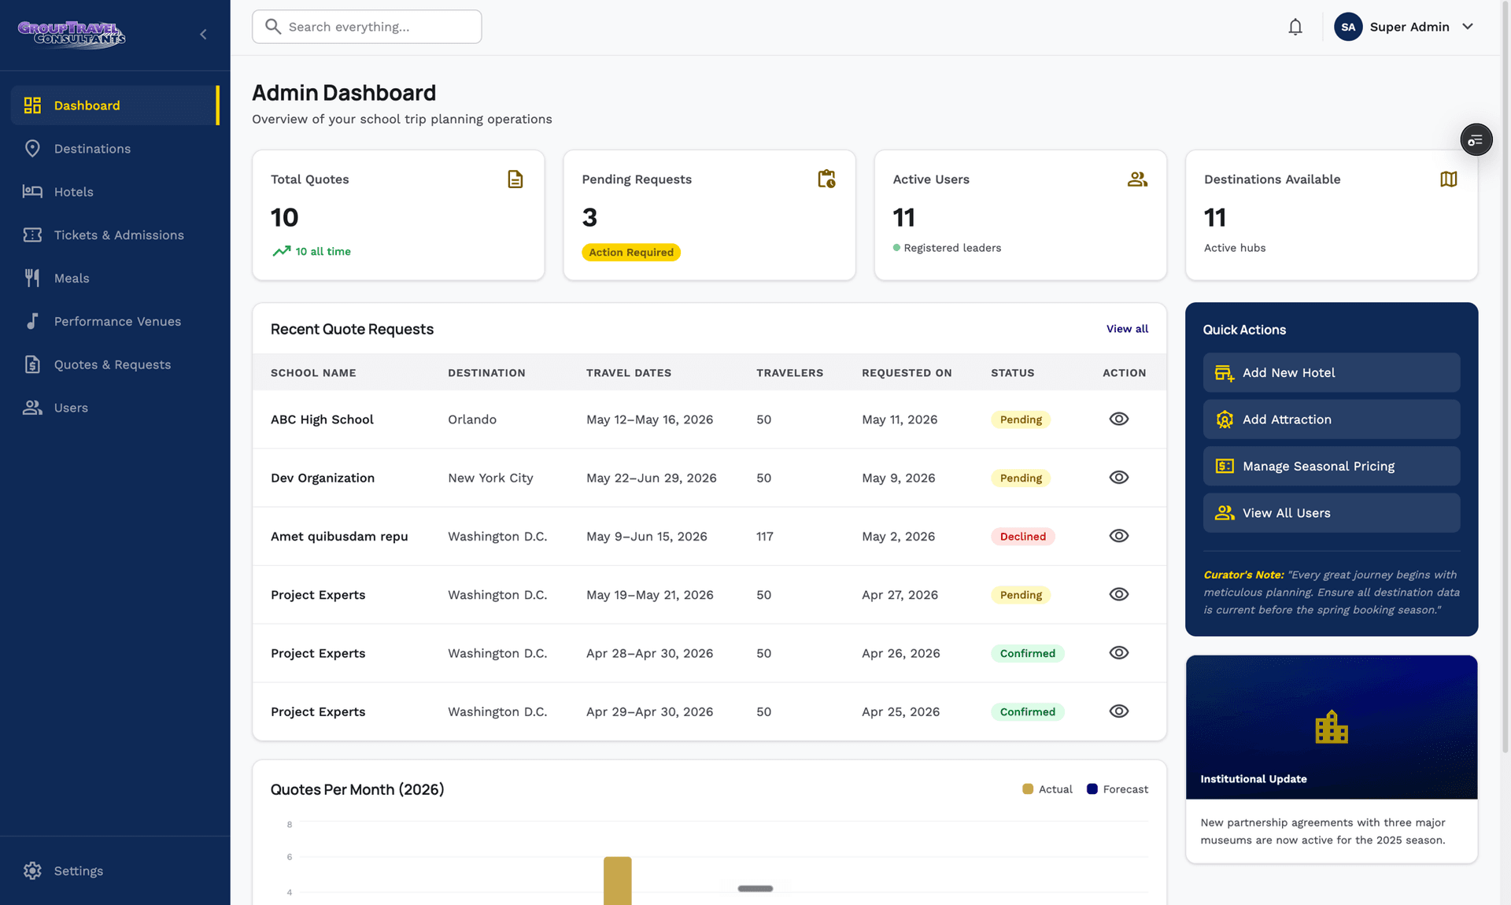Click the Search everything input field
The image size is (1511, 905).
pyautogui.click(x=367, y=27)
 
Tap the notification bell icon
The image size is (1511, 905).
pyautogui.click(x=1295, y=27)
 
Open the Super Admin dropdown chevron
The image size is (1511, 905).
pyautogui.click(x=1468, y=27)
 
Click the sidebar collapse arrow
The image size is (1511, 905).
pyautogui.click(x=203, y=34)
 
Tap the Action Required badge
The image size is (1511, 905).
pyautogui.click(x=631, y=253)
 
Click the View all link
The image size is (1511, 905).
pyautogui.click(x=1127, y=329)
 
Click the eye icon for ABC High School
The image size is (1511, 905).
pyautogui.click(x=1118, y=419)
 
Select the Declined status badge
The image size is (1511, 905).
pyautogui.click(x=1022, y=537)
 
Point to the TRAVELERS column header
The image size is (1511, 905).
pyautogui.click(x=789, y=373)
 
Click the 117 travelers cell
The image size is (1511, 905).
pyautogui.click(x=764, y=537)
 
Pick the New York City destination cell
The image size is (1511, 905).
pyautogui.click(x=490, y=478)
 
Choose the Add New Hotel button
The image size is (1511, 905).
pyautogui.click(x=1331, y=373)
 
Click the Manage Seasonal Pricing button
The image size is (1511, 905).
pyautogui.click(x=1331, y=467)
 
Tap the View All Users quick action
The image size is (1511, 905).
pyautogui.click(x=1331, y=513)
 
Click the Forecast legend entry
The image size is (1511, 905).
pyautogui.click(x=1117, y=789)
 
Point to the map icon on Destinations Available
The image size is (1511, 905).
pyautogui.click(x=1448, y=179)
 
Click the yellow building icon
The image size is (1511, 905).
pyautogui.click(x=1332, y=727)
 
